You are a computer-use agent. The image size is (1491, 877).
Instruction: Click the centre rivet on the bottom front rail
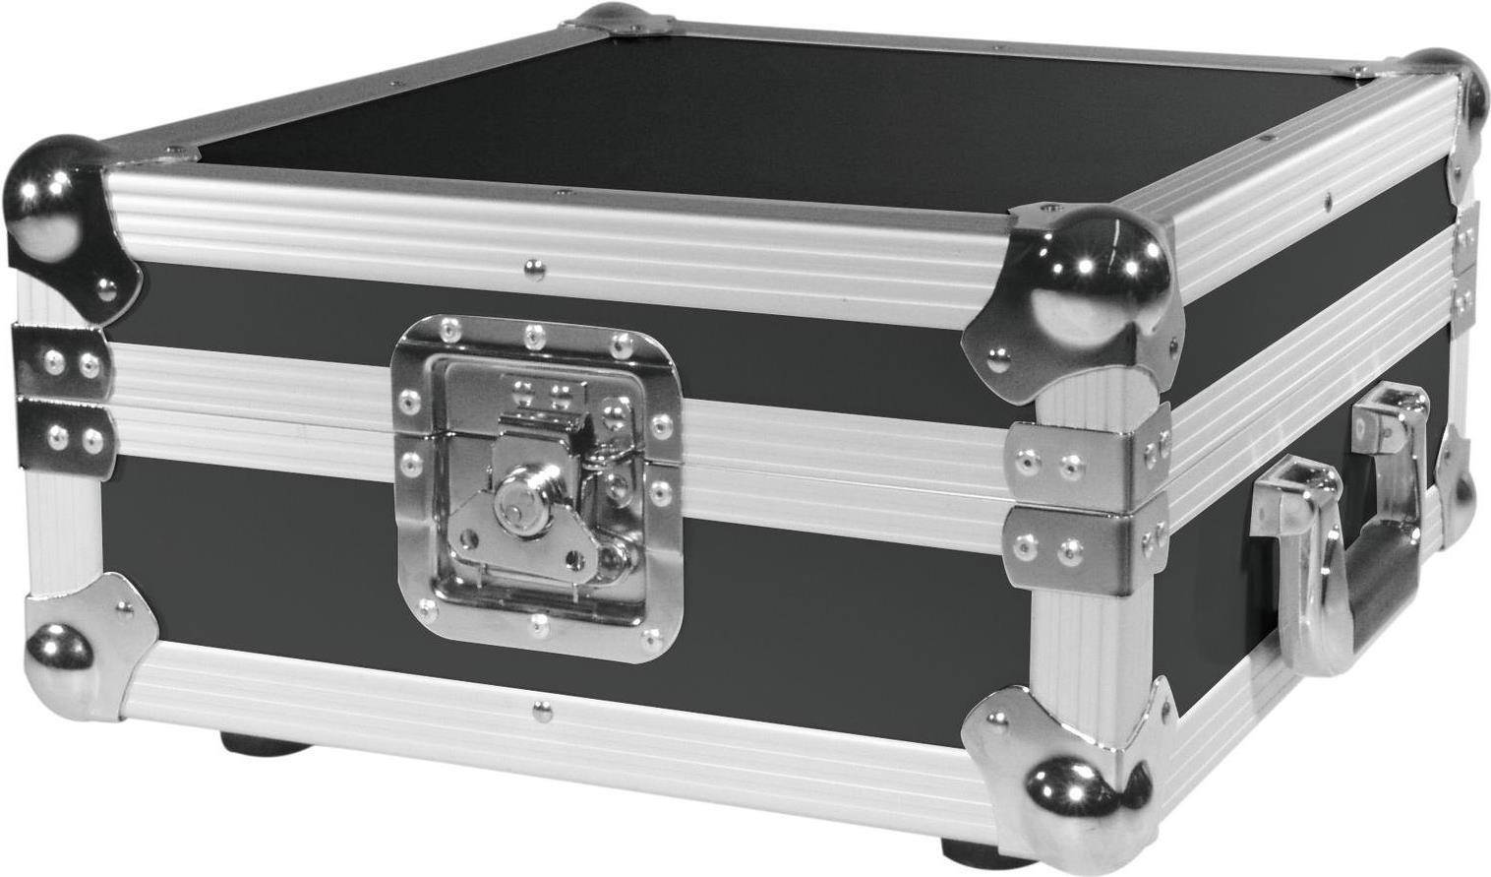(x=539, y=708)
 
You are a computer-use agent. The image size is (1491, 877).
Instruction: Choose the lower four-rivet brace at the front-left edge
(x=64, y=433)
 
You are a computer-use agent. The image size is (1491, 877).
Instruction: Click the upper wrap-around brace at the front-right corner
(x=1088, y=461)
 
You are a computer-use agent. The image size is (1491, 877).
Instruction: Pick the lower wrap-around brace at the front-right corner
(x=1087, y=547)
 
